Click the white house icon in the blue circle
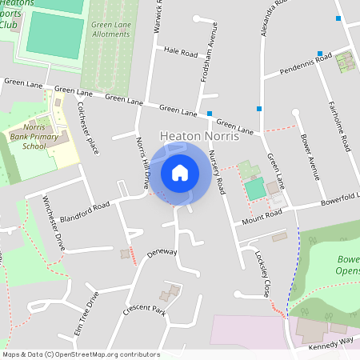[180, 172]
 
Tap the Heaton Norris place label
[199, 137]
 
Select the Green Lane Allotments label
[110, 30]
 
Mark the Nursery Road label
[216, 172]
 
